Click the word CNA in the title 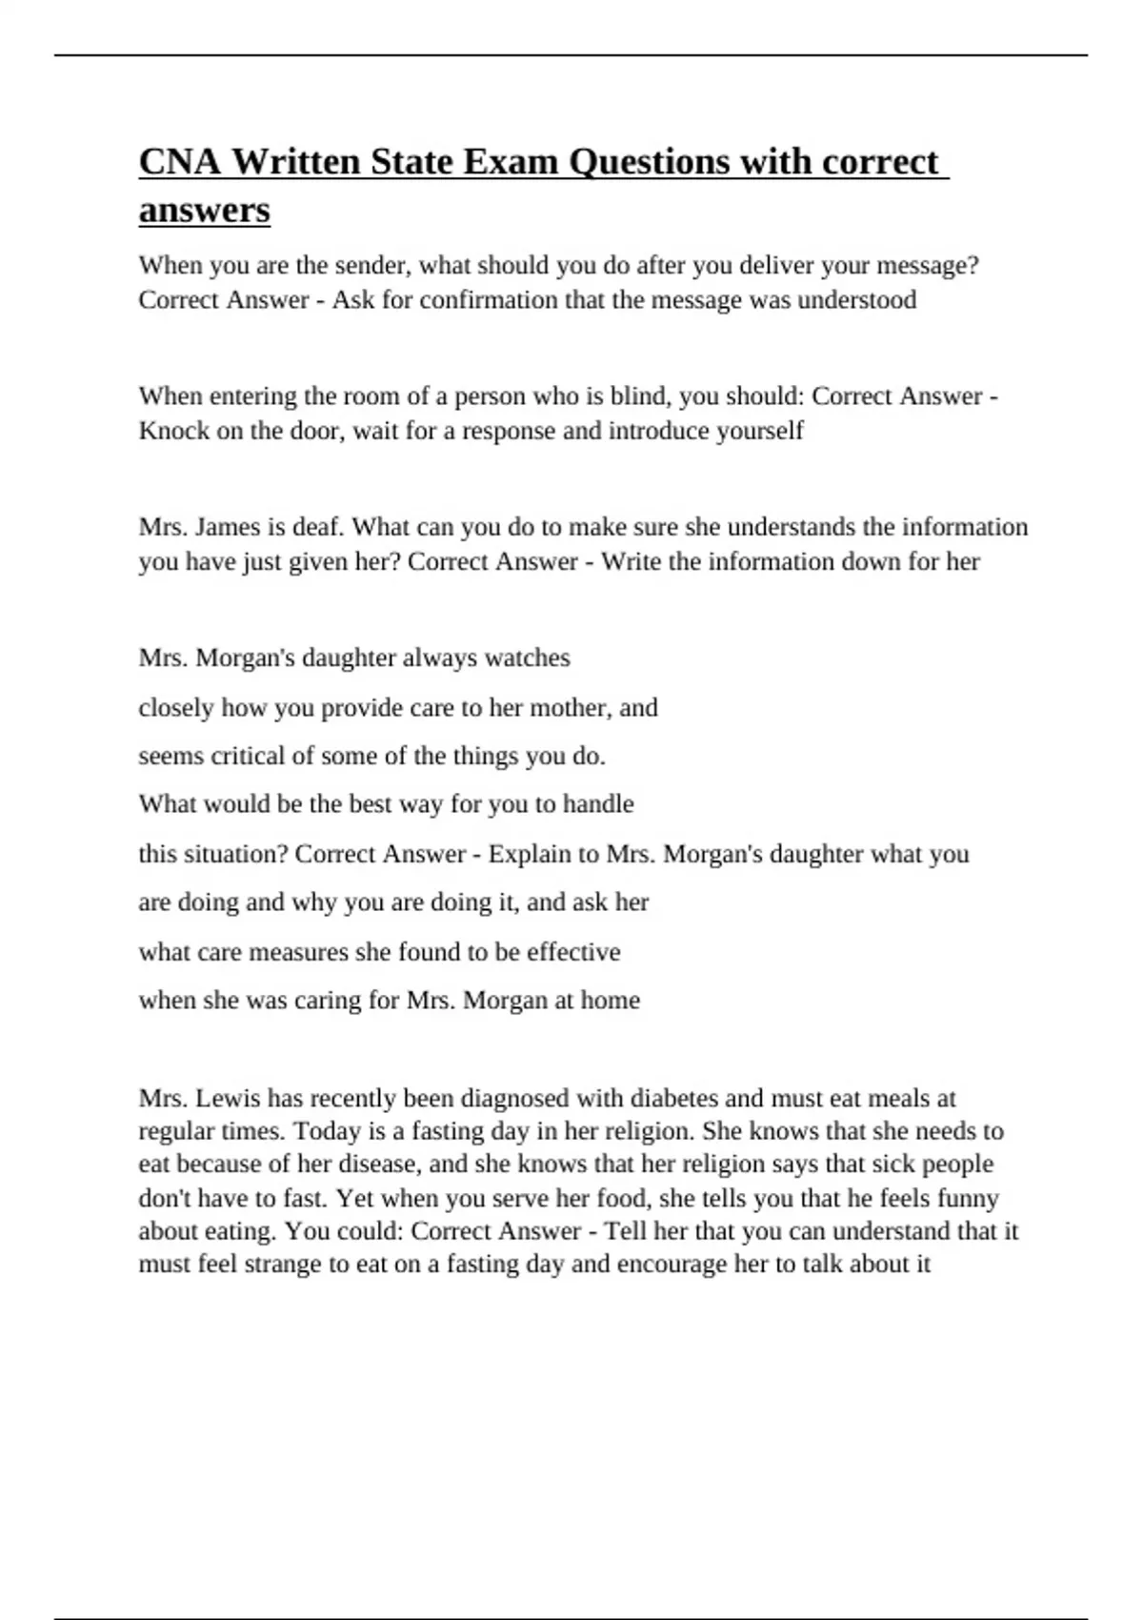click(180, 162)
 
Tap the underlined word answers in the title click(205, 210)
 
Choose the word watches click(528, 658)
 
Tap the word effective click(573, 952)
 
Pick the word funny click(968, 1198)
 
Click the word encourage click(672, 1265)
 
